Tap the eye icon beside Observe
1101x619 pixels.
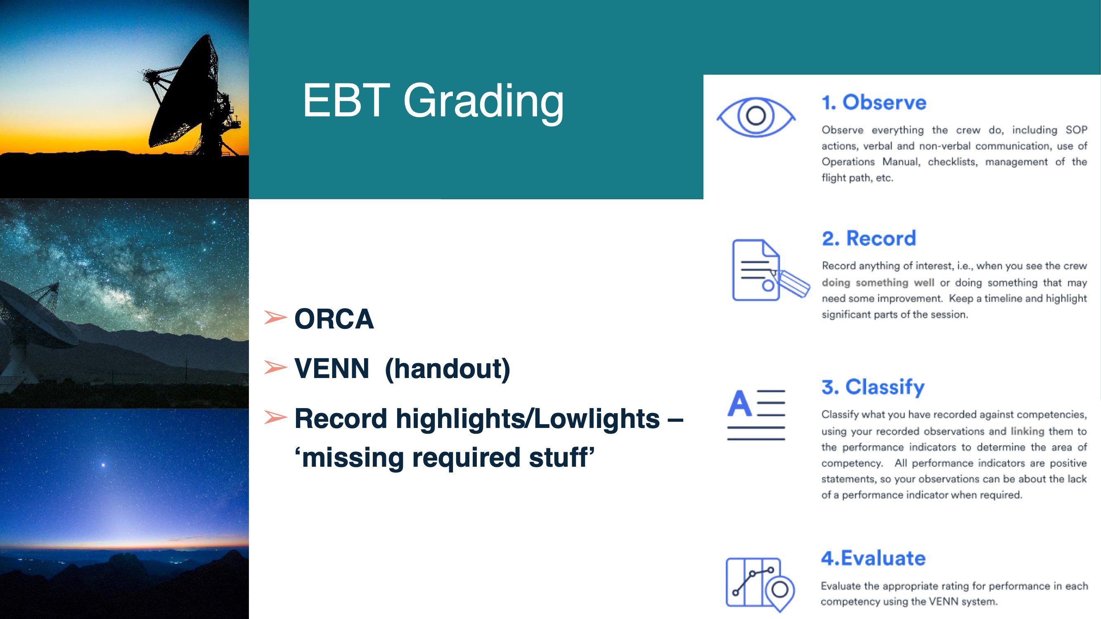[755, 117]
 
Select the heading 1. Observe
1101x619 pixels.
[874, 102]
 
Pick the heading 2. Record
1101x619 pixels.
[869, 239]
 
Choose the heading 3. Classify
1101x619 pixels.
[873, 387]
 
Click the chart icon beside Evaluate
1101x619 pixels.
[760, 584]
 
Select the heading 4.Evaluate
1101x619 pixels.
[873, 558]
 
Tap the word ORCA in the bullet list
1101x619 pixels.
[334, 319]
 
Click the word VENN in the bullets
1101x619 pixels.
[331, 368]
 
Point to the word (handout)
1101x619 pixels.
[448, 369]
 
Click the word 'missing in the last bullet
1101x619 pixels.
[349, 458]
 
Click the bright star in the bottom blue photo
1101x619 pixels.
[103, 464]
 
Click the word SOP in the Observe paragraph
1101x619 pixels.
[1076, 130]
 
